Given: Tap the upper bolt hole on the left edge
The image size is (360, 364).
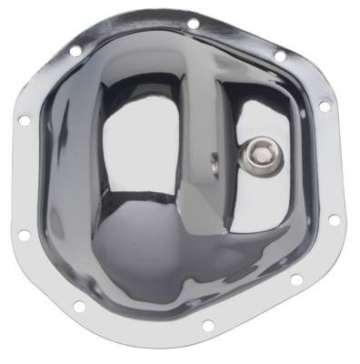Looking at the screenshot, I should coord(24,119).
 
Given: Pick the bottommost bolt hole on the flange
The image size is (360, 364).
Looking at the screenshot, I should coord(207,324).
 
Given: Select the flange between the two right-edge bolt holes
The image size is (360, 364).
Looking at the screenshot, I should coord(333,164).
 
